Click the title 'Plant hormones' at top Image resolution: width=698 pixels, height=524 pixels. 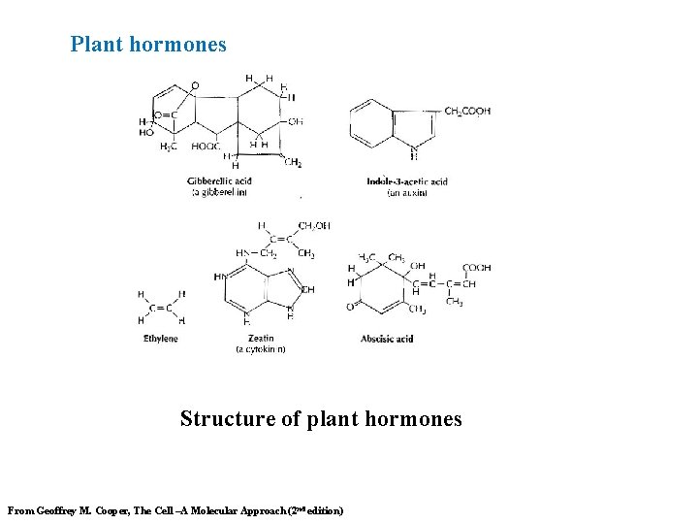coord(148,45)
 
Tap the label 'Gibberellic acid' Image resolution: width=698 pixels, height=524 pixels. coord(220,181)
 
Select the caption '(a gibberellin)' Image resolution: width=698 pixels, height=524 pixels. coord(220,192)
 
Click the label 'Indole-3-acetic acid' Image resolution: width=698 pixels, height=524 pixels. coord(407,181)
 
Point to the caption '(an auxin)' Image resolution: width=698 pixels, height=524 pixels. coord(407,192)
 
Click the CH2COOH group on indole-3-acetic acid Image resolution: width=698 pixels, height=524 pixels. coord(467,112)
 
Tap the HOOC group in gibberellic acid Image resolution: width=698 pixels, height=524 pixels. coord(206,147)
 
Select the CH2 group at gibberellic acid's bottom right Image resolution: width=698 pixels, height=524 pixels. coord(293,163)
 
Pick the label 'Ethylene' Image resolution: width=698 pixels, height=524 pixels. coord(160,339)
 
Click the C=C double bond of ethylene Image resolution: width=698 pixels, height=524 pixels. coord(160,308)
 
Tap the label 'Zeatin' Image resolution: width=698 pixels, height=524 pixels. coord(260,339)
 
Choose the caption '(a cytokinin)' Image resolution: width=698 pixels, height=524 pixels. coord(260,349)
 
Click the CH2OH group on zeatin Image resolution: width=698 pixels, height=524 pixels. coord(314,225)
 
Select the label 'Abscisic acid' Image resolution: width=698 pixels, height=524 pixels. coord(387,339)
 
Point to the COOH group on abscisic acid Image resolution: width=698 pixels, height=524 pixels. coord(476,268)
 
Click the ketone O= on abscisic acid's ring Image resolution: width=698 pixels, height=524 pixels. coord(351,307)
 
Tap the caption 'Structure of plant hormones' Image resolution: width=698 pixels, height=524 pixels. coord(321,419)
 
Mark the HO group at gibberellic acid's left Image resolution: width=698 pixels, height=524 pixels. coord(146,133)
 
